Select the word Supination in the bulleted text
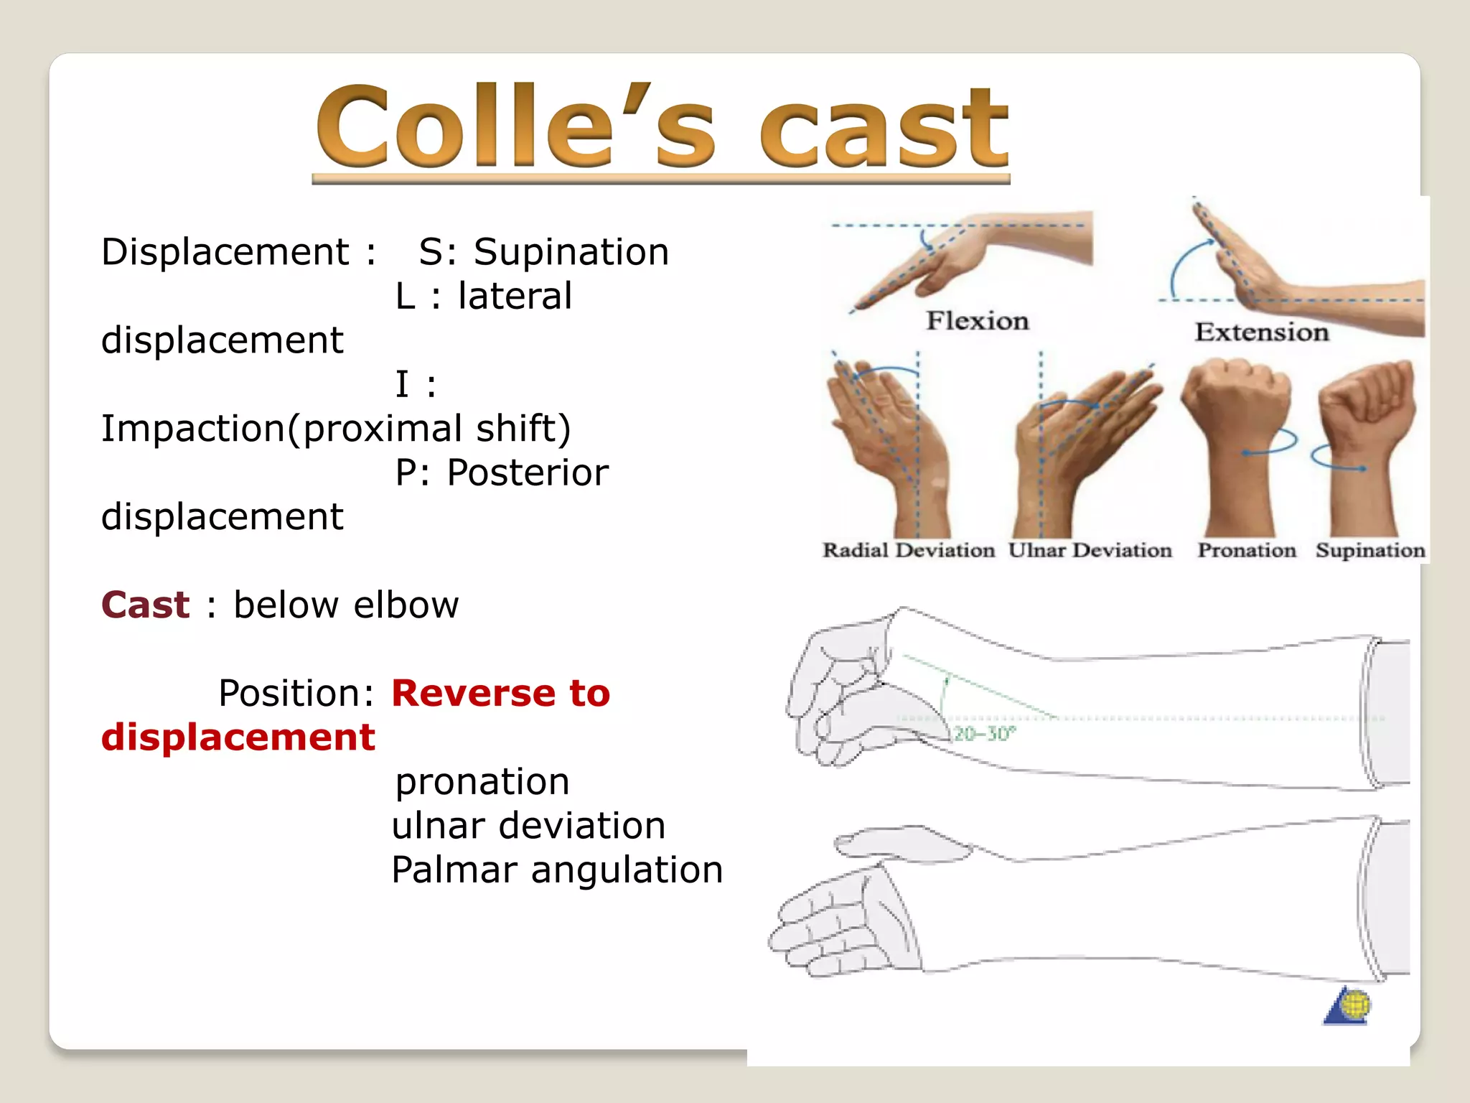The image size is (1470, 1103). point(571,252)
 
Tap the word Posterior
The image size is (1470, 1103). point(528,473)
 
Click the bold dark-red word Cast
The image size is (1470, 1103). point(146,605)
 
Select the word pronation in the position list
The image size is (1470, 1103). point(482,781)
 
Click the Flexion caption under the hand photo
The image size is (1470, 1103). point(977,320)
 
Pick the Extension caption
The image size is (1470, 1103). point(1261,332)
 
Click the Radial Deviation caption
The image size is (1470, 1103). point(908,550)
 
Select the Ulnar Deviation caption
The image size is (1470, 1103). point(1090,550)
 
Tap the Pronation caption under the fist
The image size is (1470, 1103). point(1247,550)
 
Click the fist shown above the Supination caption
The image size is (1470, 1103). point(1367,402)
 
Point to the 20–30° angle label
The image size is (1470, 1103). point(984,733)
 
